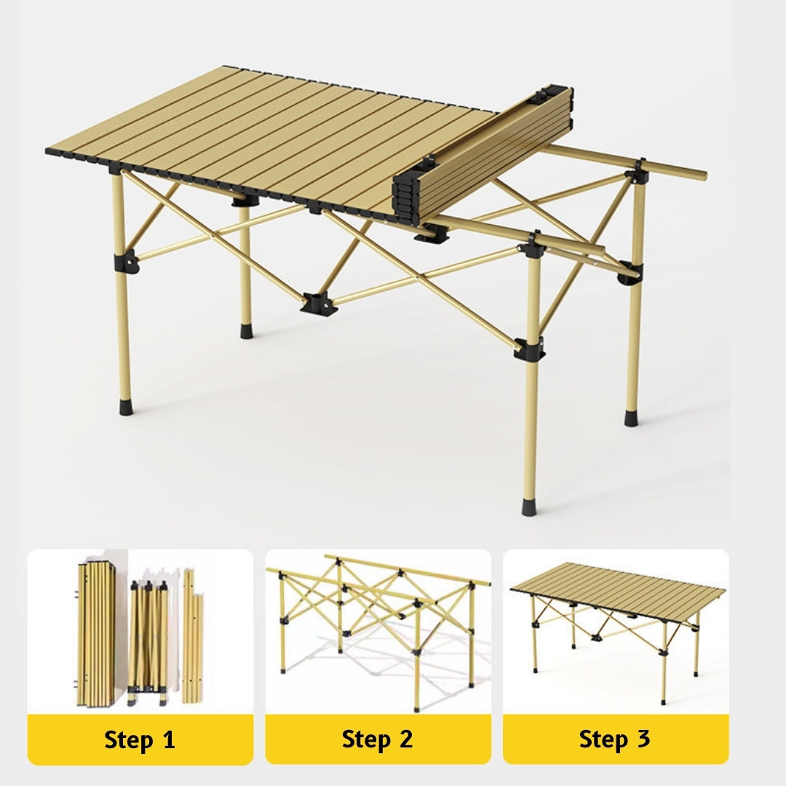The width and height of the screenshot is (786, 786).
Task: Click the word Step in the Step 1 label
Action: pos(128,740)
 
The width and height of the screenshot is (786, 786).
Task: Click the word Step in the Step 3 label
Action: pos(603,740)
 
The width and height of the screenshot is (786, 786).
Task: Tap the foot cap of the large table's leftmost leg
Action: pos(125,406)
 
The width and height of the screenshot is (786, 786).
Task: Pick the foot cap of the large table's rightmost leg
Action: pos(631,418)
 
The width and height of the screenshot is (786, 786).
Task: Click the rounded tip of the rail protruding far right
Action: pos(702,175)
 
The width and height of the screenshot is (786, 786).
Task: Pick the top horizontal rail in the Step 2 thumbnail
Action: pos(408,570)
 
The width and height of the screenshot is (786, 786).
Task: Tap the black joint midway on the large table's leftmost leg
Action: pos(125,258)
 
